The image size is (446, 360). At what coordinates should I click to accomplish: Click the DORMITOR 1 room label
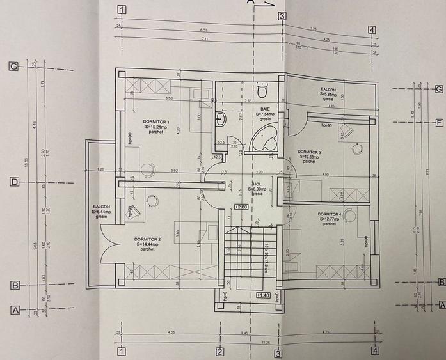(x=156, y=121)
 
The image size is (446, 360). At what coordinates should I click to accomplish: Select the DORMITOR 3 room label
(x=310, y=152)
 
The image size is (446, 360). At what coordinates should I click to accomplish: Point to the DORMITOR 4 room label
(x=329, y=214)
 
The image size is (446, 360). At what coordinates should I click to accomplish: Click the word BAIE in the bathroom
(x=264, y=109)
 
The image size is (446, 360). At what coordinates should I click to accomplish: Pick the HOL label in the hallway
(x=257, y=184)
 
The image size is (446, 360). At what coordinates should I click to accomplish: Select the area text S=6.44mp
(x=101, y=212)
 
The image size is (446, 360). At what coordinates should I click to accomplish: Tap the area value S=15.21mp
(x=156, y=127)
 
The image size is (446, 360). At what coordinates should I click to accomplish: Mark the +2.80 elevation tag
(x=241, y=207)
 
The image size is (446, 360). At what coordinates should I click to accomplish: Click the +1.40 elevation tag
(x=262, y=295)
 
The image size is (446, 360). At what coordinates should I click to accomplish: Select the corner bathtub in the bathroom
(x=265, y=137)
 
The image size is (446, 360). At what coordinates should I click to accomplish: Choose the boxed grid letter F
(x=440, y=123)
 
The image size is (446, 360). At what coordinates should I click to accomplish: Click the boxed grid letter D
(x=13, y=182)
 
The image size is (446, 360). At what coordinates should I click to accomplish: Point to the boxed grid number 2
(x=219, y=351)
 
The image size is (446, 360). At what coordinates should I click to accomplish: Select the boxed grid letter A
(x=14, y=310)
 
